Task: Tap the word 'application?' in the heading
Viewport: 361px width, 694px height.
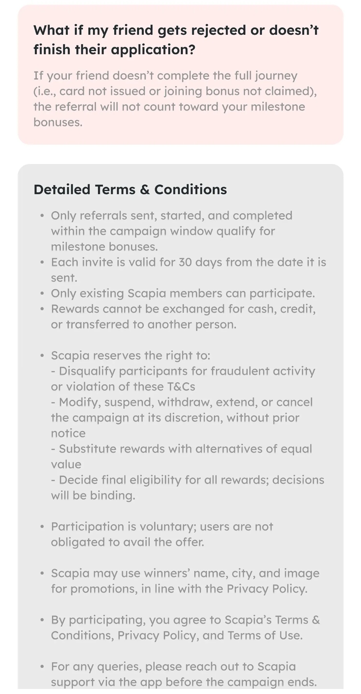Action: click(x=153, y=50)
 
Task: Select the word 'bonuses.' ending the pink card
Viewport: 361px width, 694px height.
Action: click(x=58, y=122)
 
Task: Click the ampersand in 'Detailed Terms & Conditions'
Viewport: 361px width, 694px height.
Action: click(x=145, y=189)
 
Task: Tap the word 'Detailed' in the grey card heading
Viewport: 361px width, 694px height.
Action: click(x=62, y=189)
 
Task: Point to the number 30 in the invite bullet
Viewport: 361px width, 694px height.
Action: click(x=185, y=262)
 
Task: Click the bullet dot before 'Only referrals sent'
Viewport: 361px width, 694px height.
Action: click(x=42, y=216)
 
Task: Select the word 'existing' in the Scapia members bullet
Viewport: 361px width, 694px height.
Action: click(x=102, y=293)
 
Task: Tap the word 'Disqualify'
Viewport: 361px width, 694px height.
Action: click(x=87, y=371)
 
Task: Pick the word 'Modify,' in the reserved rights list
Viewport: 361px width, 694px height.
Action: click(x=80, y=402)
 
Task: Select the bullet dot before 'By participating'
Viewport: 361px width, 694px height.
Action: click(x=42, y=620)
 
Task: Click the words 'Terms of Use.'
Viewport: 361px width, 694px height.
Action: click(x=265, y=636)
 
